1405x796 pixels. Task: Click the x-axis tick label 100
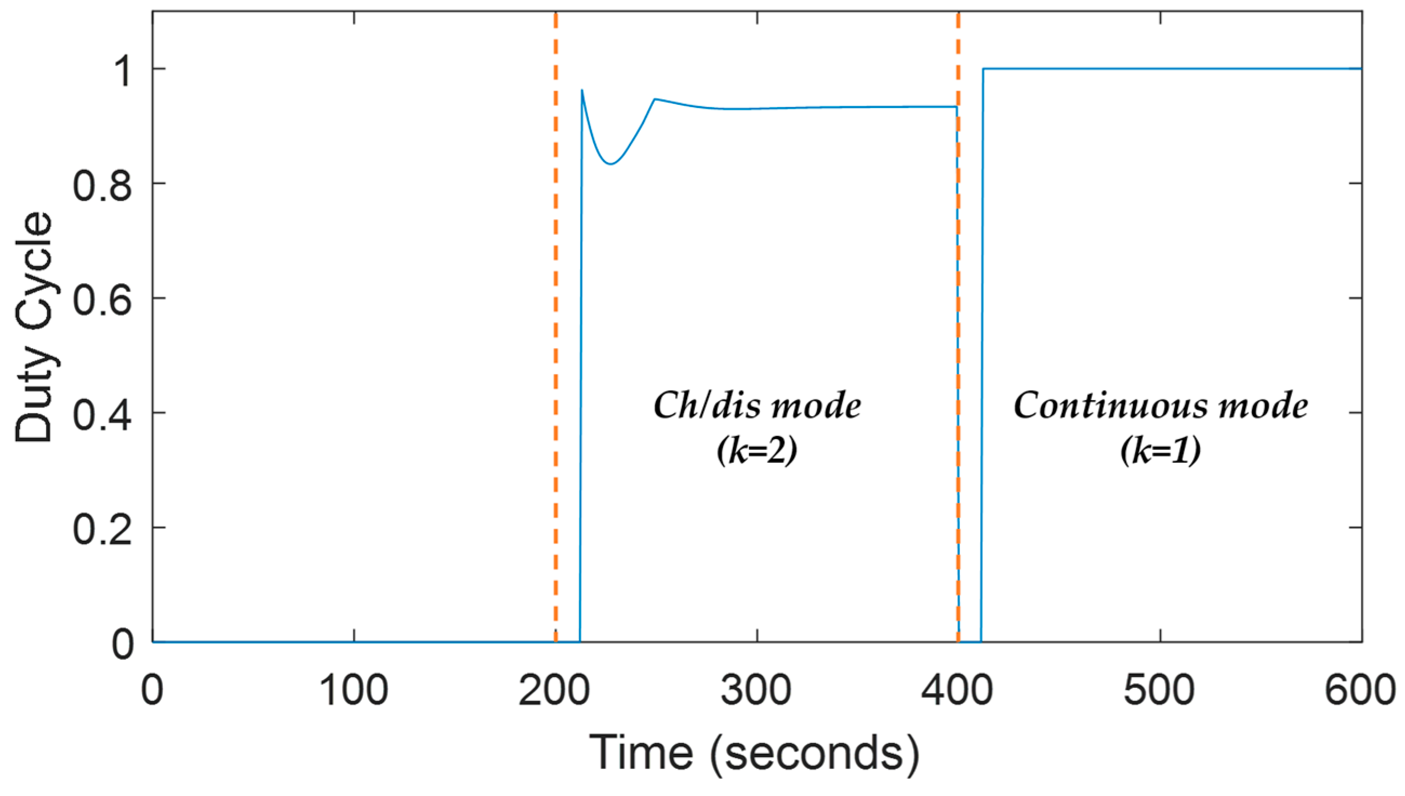[353, 691]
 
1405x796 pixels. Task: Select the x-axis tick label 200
[554, 691]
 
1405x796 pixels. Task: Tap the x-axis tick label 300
[756, 691]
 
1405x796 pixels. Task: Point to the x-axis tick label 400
[957, 691]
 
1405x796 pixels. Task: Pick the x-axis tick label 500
[1158, 691]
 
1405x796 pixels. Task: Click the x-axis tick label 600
[1361, 691]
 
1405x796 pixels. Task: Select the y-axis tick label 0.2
[103, 529]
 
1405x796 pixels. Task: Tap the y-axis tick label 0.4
[103, 414]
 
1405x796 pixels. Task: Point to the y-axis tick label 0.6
[103, 299]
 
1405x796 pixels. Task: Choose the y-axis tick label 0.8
[103, 184]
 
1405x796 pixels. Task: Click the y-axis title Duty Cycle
[34, 327]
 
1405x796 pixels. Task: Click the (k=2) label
[757, 452]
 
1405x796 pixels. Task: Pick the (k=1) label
[1161, 452]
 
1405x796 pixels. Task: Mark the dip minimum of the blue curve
[611, 164]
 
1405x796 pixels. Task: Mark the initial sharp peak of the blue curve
[582, 90]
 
